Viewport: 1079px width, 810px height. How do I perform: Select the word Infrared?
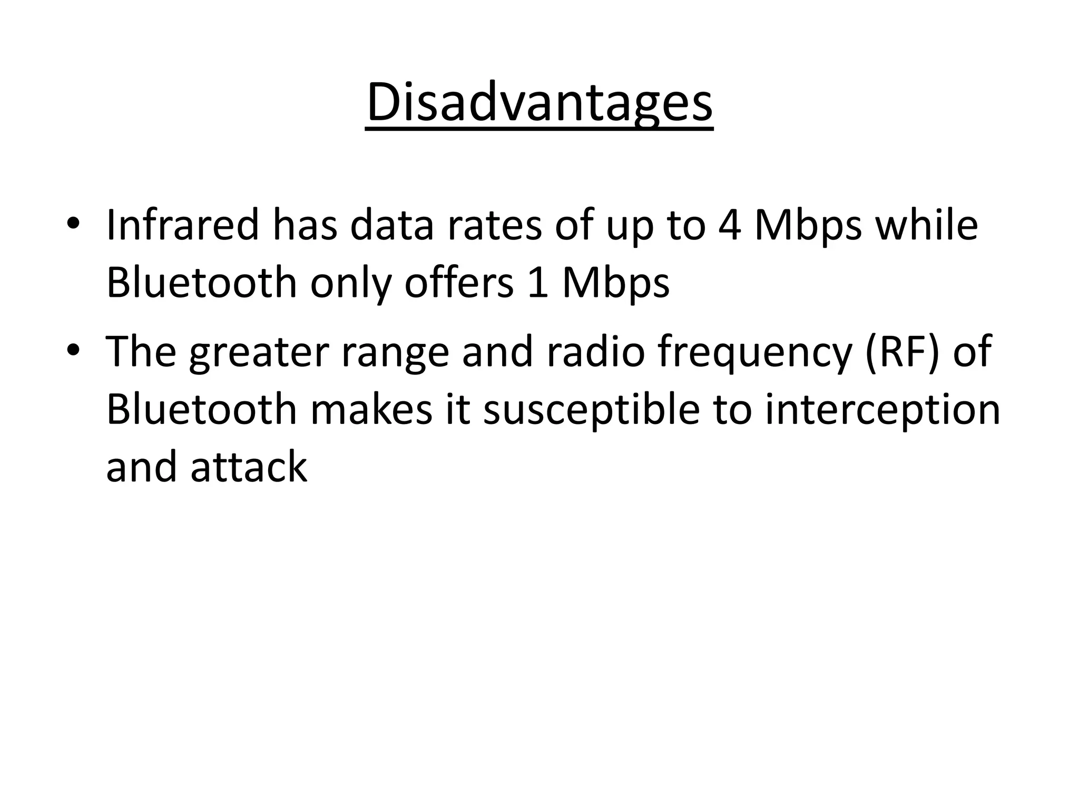point(182,225)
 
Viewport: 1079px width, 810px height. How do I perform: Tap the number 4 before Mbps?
point(730,225)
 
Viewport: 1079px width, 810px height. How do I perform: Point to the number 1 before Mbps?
point(538,283)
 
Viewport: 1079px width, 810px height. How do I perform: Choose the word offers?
point(458,283)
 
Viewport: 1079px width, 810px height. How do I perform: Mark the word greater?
point(259,352)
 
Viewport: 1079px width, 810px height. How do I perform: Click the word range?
point(395,352)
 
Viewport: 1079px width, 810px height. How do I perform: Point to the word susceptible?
point(591,410)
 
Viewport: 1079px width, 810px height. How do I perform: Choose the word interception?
point(882,410)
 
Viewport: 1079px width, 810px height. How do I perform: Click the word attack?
point(249,468)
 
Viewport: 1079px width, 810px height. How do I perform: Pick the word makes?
point(371,410)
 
